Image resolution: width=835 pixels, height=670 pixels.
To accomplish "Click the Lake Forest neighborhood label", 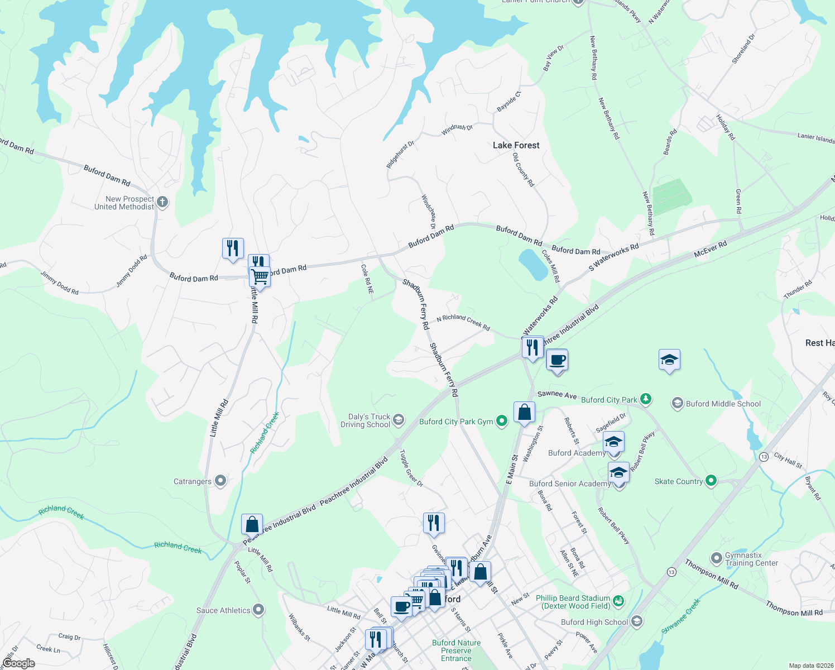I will [516, 145].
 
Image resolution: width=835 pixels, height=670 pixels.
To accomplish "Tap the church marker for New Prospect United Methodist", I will [162, 202].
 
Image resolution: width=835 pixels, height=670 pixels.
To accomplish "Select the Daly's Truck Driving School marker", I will [398, 420].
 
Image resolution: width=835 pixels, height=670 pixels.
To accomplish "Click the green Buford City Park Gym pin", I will [502, 421].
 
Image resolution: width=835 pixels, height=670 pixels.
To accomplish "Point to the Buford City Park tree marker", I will [646, 399].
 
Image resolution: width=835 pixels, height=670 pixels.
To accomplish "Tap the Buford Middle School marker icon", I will [678, 403].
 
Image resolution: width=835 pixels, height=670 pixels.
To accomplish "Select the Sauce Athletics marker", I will [258, 610].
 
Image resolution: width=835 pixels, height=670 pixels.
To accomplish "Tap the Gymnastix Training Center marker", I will [717, 558].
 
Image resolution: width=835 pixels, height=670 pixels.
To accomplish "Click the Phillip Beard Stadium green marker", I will [618, 601].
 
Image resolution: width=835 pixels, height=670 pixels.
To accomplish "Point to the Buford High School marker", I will [637, 621].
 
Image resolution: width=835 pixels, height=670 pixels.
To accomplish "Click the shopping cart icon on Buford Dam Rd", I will [260, 276].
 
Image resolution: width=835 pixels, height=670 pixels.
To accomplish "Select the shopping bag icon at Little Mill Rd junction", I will [252, 525].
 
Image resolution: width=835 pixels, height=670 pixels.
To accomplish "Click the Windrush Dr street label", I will [457, 129].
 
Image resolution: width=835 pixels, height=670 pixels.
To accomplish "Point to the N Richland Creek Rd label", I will [463, 322].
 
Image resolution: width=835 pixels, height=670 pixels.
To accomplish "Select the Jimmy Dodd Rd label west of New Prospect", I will [59, 283].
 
